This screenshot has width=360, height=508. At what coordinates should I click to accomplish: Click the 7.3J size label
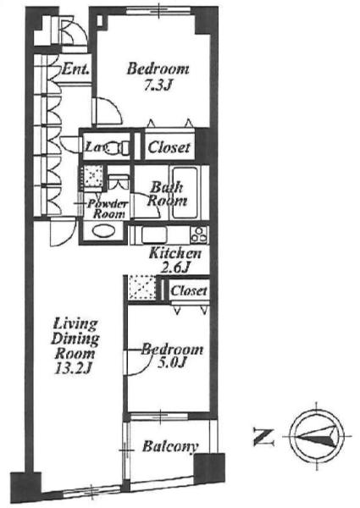158,86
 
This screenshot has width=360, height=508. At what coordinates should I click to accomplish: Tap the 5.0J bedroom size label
171,362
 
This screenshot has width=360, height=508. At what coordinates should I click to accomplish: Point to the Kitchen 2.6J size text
175,268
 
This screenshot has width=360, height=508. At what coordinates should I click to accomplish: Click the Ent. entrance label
75,69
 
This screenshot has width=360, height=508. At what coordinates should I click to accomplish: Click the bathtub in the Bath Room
185,193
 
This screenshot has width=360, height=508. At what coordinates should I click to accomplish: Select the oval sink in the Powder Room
103,232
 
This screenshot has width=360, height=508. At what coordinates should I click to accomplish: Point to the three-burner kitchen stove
198,235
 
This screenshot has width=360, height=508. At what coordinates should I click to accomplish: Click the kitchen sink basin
154,235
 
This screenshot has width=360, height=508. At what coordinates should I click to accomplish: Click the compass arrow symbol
316,436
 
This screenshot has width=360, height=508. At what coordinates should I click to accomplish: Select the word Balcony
170,446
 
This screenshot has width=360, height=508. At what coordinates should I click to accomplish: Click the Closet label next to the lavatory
169,147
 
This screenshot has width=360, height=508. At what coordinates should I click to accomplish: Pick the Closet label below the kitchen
189,290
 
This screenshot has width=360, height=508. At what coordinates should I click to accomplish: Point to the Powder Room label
108,209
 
